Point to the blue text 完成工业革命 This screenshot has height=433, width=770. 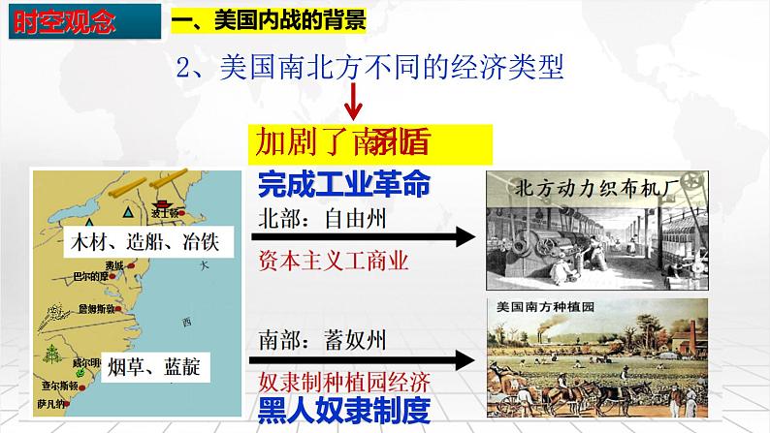345,183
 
